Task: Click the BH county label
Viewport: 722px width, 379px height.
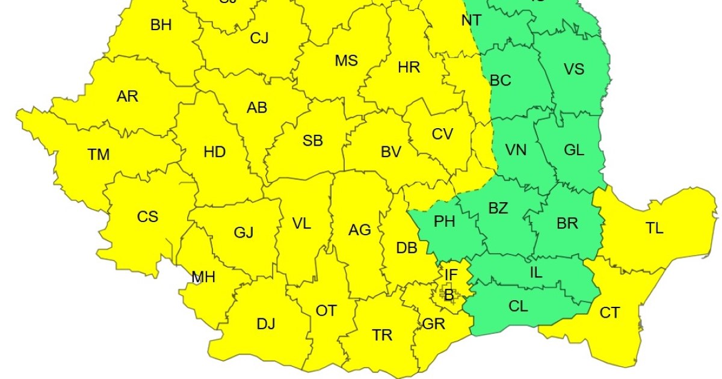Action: tap(161, 25)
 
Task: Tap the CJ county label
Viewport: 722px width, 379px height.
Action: tap(259, 39)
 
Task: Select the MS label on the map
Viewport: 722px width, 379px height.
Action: tap(346, 61)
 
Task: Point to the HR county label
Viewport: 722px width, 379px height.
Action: tap(409, 67)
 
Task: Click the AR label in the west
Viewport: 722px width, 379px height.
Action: tap(128, 96)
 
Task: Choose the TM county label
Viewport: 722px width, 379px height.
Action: tap(99, 155)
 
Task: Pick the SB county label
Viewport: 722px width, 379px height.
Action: tap(313, 141)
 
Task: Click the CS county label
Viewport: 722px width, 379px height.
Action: tap(147, 217)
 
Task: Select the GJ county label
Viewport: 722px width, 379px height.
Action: tap(243, 233)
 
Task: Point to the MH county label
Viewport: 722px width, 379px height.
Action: tap(203, 277)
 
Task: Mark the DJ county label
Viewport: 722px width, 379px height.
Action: tap(266, 324)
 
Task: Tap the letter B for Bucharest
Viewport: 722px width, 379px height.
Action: tap(448, 295)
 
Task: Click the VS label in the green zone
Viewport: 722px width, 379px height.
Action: tap(574, 69)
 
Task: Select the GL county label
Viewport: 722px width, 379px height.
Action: tap(574, 151)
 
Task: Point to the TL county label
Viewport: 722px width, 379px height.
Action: tap(655, 229)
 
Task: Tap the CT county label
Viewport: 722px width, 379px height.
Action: tap(609, 313)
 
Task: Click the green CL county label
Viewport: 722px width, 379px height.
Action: tap(518, 306)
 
